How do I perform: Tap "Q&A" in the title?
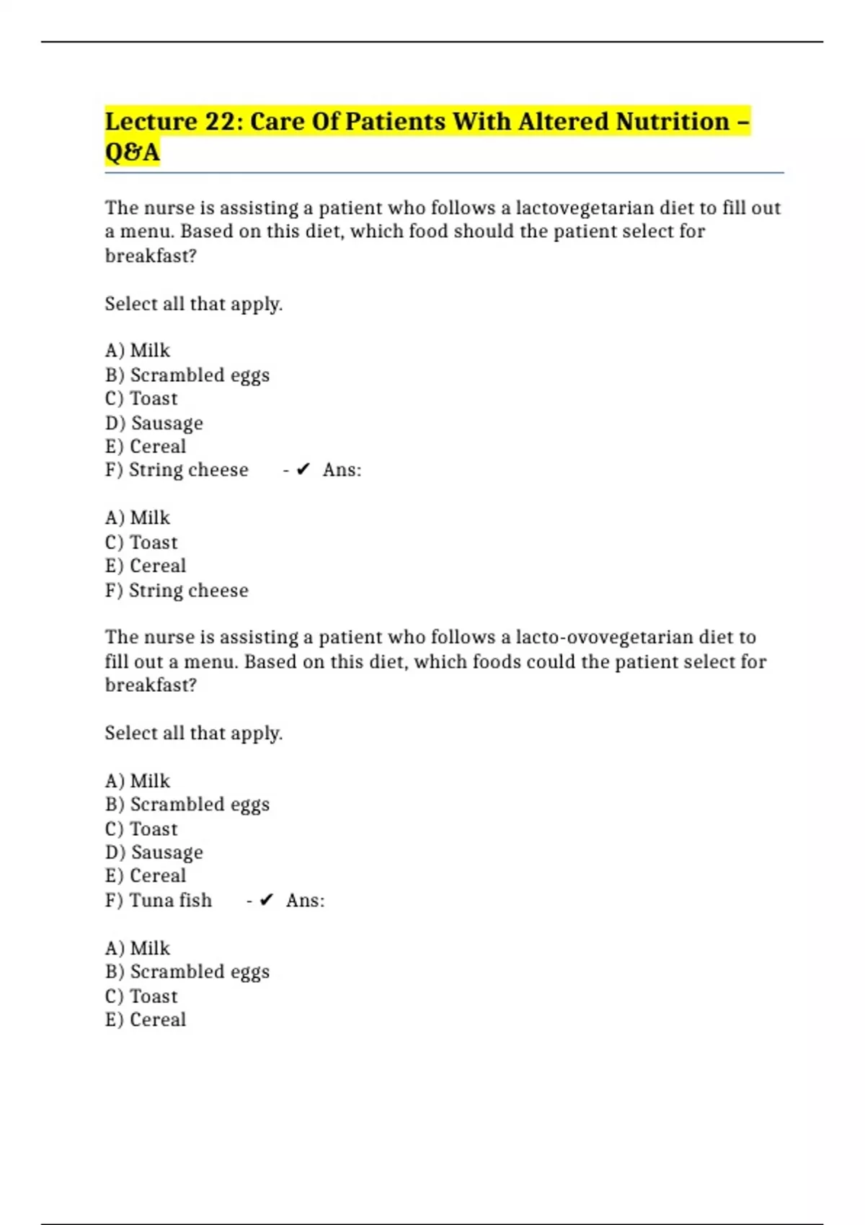[x=132, y=152]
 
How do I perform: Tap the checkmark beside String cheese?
[x=303, y=470]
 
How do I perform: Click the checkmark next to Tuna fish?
[x=267, y=900]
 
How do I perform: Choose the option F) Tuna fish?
[x=159, y=900]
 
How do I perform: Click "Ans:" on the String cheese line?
[x=342, y=470]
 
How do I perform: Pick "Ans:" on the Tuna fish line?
[x=305, y=900]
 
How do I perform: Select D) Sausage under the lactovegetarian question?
[x=154, y=423]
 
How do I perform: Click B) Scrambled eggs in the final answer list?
[x=187, y=971]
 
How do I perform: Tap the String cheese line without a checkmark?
[x=177, y=590]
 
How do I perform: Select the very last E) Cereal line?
[x=146, y=1020]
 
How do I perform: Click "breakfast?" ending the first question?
[x=151, y=256]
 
